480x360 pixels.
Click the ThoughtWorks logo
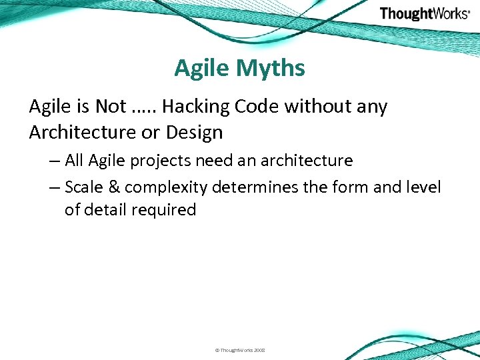coord(424,13)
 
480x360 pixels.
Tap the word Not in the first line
coord(111,107)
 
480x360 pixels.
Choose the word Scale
coord(85,187)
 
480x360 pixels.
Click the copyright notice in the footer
coord(239,349)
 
